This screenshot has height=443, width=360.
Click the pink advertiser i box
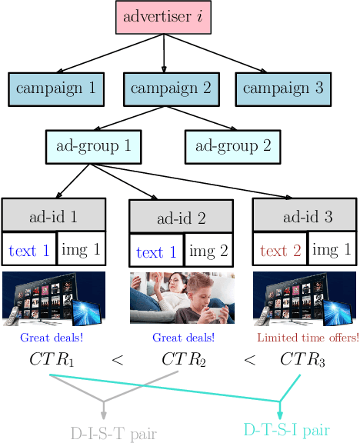(x=164, y=17)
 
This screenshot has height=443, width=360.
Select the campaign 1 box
(x=55, y=88)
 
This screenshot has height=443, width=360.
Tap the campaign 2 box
(x=170, y=88)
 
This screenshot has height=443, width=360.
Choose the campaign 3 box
(x=282, y=88)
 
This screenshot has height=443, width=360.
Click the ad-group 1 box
(x=93, y=145)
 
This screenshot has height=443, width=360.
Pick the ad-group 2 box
(x=232, y=145)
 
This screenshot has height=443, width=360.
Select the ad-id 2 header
(x=181, y=218)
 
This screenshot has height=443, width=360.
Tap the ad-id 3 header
(x=304, y=217)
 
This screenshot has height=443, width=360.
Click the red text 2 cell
(x=280, y=251)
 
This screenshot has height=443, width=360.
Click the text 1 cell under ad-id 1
(x=28, y=251)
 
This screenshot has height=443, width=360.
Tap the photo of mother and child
(x=182, y=297)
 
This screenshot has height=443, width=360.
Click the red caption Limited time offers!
(x=308, y=338)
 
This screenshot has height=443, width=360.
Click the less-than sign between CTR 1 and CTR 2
(x=117, y=359)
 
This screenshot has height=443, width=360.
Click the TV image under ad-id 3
(x=305, y=297)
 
